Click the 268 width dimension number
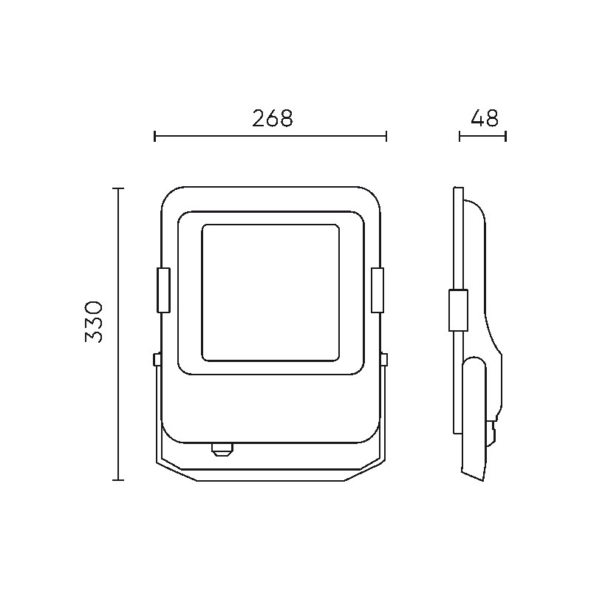[272, 118]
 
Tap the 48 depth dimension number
[485, 118]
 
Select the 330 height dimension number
[94, 321]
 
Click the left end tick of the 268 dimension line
[155, 136]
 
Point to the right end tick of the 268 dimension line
[386, 136]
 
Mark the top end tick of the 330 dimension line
[118, 188]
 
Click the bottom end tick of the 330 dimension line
[118, 479]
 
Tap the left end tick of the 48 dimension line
[460, 136]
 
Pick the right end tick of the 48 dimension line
[506, 136]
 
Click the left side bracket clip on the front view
[163, 290]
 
